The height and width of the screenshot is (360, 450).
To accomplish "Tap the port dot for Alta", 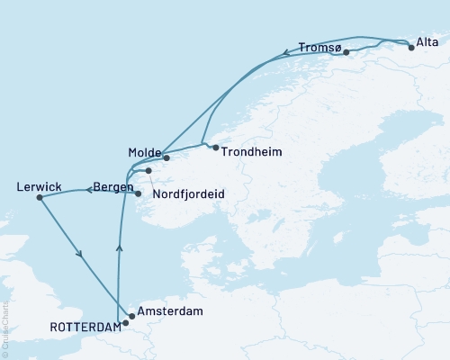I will click(411, 48).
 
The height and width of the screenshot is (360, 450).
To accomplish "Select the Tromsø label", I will click(319, 47).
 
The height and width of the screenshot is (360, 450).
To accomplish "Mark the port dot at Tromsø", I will click(346, 53).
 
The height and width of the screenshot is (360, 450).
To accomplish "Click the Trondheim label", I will click(252, 152).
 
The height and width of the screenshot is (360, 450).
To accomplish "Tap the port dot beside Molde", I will click(166, 157).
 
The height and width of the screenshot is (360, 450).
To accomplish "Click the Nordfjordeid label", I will click(189, 193).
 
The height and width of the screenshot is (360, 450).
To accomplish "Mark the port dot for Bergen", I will click(138, 193).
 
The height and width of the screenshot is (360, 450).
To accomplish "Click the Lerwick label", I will click(39, 187).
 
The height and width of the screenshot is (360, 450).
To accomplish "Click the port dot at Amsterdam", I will click(132, 316).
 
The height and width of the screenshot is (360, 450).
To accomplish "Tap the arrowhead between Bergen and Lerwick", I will click(89, 190).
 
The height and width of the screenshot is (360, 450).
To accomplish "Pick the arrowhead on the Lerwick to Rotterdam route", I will click(81, 254).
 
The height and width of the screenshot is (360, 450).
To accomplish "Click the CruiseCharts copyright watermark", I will click(4, 328).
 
